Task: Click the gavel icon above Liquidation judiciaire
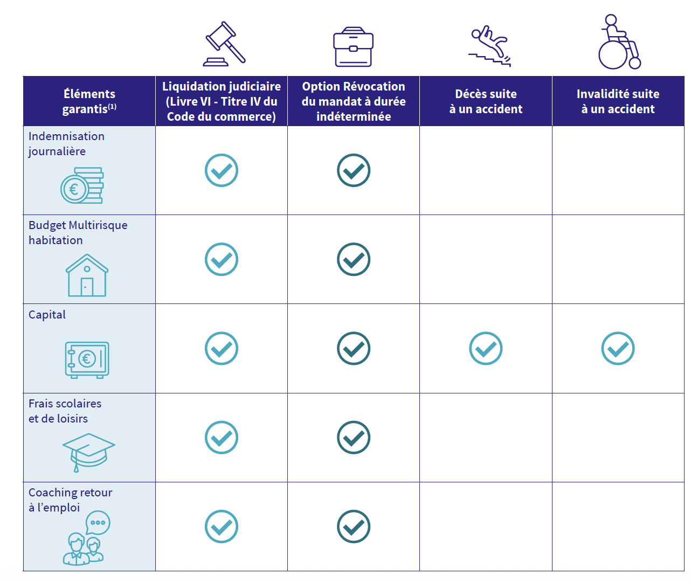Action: point(224,44)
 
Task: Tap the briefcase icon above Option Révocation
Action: point(353,47)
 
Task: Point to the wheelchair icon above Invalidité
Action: point(619,43)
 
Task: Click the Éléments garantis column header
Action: point(89,101)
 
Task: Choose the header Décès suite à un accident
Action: point(486,101)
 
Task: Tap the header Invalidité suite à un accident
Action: point(618,101)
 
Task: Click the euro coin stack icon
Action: point(82,186)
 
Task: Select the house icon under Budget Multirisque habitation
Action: point(87,275)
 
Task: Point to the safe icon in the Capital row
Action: point(87,359)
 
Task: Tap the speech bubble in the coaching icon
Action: point(98,522)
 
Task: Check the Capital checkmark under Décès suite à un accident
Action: point(486,348)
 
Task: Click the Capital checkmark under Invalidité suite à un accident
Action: point(618,348)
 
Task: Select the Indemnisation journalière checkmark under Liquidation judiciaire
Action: point(222,170)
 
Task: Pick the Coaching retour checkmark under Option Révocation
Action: point(354,527)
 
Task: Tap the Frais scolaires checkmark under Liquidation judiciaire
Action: point(222,438)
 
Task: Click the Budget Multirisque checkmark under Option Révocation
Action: point(354,259)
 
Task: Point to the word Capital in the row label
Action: point(47,315)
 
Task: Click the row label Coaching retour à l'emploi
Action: point(70,500)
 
